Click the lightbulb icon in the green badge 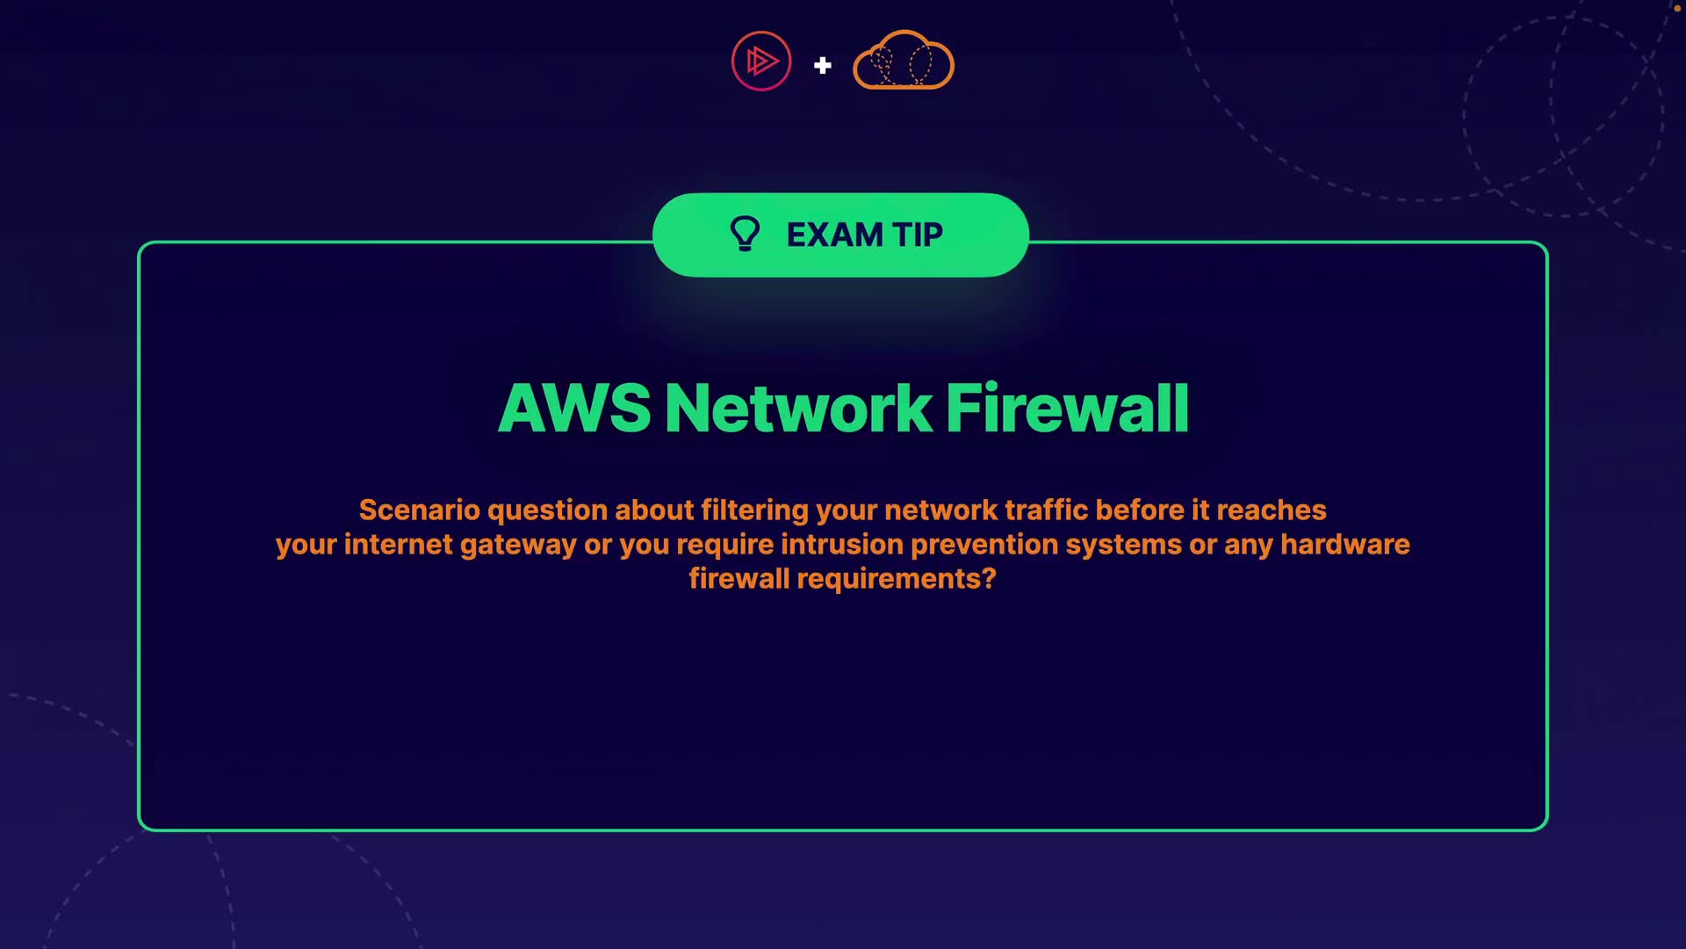tap(745, 235)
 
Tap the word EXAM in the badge tap(834, 235)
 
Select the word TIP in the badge tap(918, 235)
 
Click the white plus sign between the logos tap(822, 65)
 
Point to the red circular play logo tap(761, 61)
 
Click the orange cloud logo tap(904, 61)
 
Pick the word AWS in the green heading tap(574, 409)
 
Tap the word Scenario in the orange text tap(419, 511)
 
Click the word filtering tap(754, 511)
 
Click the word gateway tap(518, 545)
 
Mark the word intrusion tap(841, 545)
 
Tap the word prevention tap(983, 545)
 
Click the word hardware tap(1344, 545)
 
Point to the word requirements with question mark tap(896, 579)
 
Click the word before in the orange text tap(1139, 511)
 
